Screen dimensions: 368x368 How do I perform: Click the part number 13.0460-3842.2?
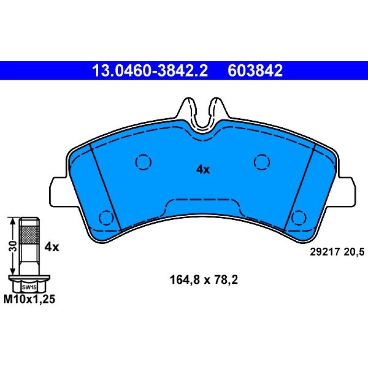[x=150, y=71]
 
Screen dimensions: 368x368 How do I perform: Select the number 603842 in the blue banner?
[x=255, y=71]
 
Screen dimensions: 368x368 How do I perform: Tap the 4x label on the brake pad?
[x=203, y=169]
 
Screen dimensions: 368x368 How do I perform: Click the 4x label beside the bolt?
[x=52, y=247]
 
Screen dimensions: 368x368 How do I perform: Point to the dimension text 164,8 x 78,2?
[x=204, y=280]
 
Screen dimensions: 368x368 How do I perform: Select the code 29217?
[x=325, y=252]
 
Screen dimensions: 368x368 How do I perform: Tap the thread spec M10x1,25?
[x=29, y=299]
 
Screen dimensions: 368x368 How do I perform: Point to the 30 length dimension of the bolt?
[x=14, y=246]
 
